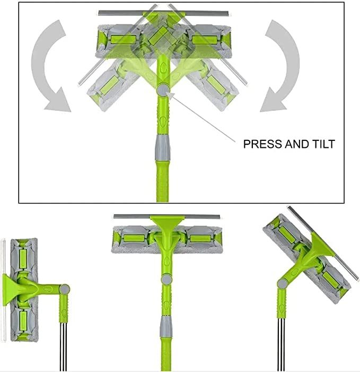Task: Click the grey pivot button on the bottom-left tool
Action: [64, 289]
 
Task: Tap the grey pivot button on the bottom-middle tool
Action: [167, 279]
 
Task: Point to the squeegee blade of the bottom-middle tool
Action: [166, 217]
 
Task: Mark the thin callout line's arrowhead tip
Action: [168, 93]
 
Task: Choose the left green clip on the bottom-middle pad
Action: [133, 238]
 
